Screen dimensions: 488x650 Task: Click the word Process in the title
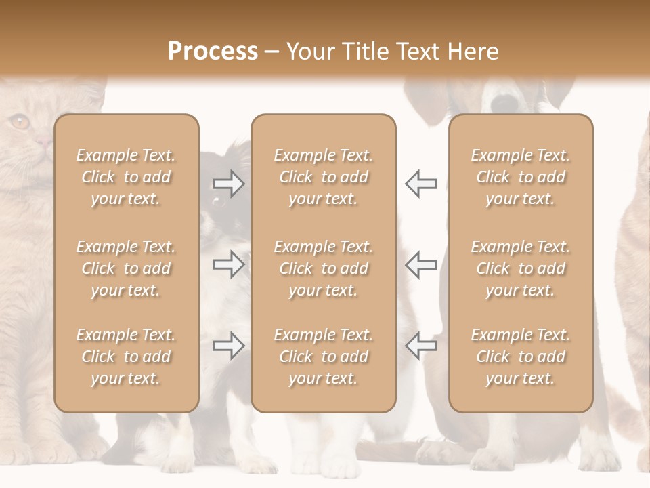pyautogui.click(x=213, y=52)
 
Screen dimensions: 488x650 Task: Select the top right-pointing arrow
pyautogui.click(x=228, y=184)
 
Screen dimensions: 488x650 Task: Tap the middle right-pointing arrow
pyautogui.click(x=228, y=264)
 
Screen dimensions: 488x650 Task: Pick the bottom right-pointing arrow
pyautogui.click(x=228, y=346)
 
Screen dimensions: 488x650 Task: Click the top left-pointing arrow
pyautogui.click(x=420, y=184)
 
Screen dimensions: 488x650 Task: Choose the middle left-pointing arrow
pyautogui.click(x=420, y=264)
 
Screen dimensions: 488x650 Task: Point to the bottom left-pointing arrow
pyautogui.click(x=420, y=346)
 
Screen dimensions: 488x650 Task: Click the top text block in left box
pyautogui.click(x=126, y=177)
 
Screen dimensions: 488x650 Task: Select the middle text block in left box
pyautogui.click(x=126, y=268)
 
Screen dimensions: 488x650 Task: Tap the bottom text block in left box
pyautogui.click(x=126, y=357)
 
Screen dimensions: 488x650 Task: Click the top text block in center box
pyautogui.click(x=323, y=177)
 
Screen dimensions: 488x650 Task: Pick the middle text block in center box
pyautogui.click(x=323, y=268)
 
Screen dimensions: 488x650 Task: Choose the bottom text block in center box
pyautogui.click(x=323, y=357)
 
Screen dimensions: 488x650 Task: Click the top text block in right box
pyautogui.click(x=520, y=177)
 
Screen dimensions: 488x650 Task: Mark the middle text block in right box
pyautogui.click(x=520, y=268)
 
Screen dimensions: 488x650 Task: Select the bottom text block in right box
pyautogui.click(x=520, y=357)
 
